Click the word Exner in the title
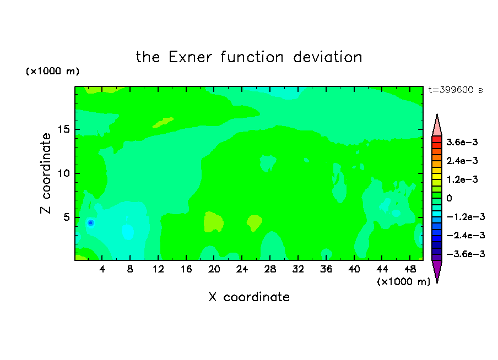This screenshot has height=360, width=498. (190, 57)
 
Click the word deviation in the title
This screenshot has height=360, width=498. (327, 57)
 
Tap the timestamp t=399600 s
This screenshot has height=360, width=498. (456, 90)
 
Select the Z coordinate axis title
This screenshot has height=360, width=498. (46, 173)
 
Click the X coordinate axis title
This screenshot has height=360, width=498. (249, 297)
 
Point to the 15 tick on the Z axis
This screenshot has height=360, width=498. (63, 129)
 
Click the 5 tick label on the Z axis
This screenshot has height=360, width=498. (66, 217)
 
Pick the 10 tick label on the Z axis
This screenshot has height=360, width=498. (63, 173)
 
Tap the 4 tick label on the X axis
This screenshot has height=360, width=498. (102, 269)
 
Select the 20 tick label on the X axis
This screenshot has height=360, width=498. (214, 269)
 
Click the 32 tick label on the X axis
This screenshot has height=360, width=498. (298, 269)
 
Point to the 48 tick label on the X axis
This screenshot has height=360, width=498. (410, 269)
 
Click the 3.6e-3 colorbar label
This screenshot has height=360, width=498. (462, 142)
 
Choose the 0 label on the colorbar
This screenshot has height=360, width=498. (449, 198)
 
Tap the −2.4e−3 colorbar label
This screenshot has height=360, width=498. (465, 235)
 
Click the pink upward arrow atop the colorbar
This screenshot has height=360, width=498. (437, 126)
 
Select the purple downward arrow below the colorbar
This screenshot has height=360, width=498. (437, 271)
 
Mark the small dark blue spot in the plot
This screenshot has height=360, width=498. (90, 223)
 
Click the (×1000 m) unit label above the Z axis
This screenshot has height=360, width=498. (52, 71)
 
